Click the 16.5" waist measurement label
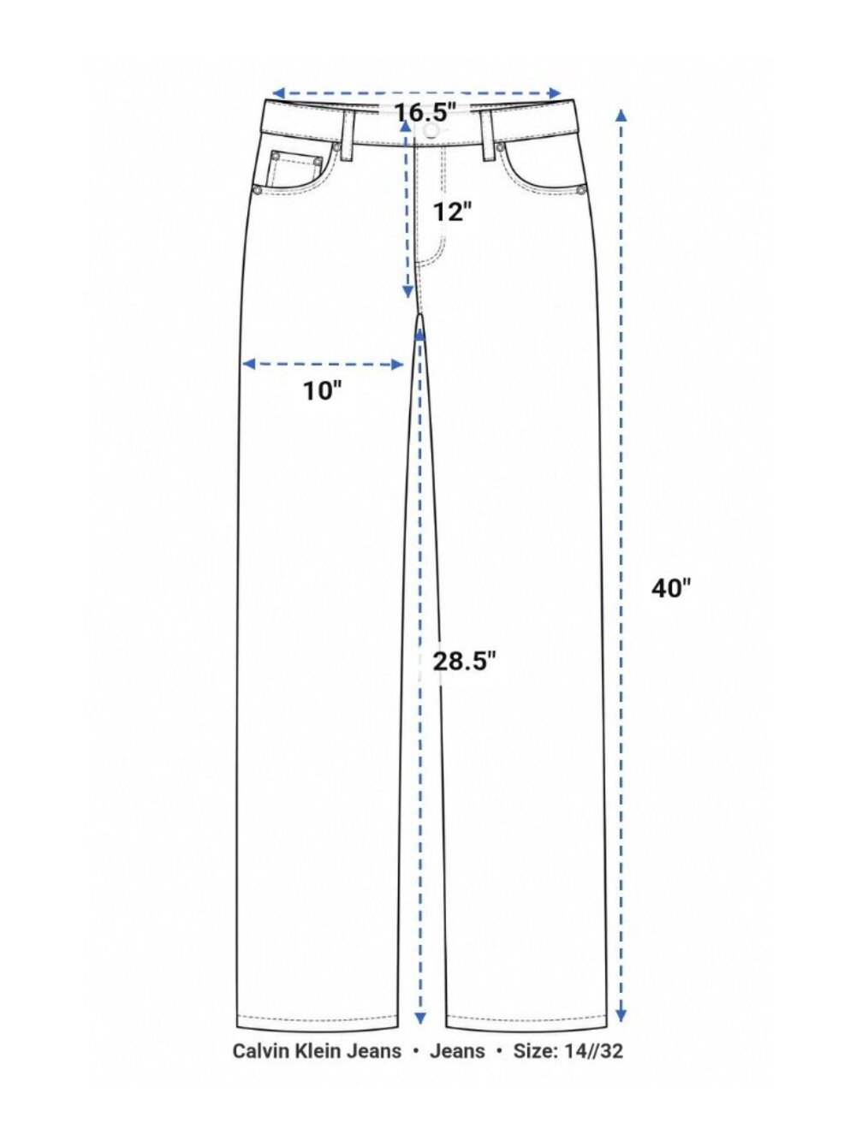[x=425, y=112]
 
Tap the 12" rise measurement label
[x=453, y=211]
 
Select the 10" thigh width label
[x=323, y=390]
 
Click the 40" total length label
[x=671, y=588]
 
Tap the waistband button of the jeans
[x=430, y=130]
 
